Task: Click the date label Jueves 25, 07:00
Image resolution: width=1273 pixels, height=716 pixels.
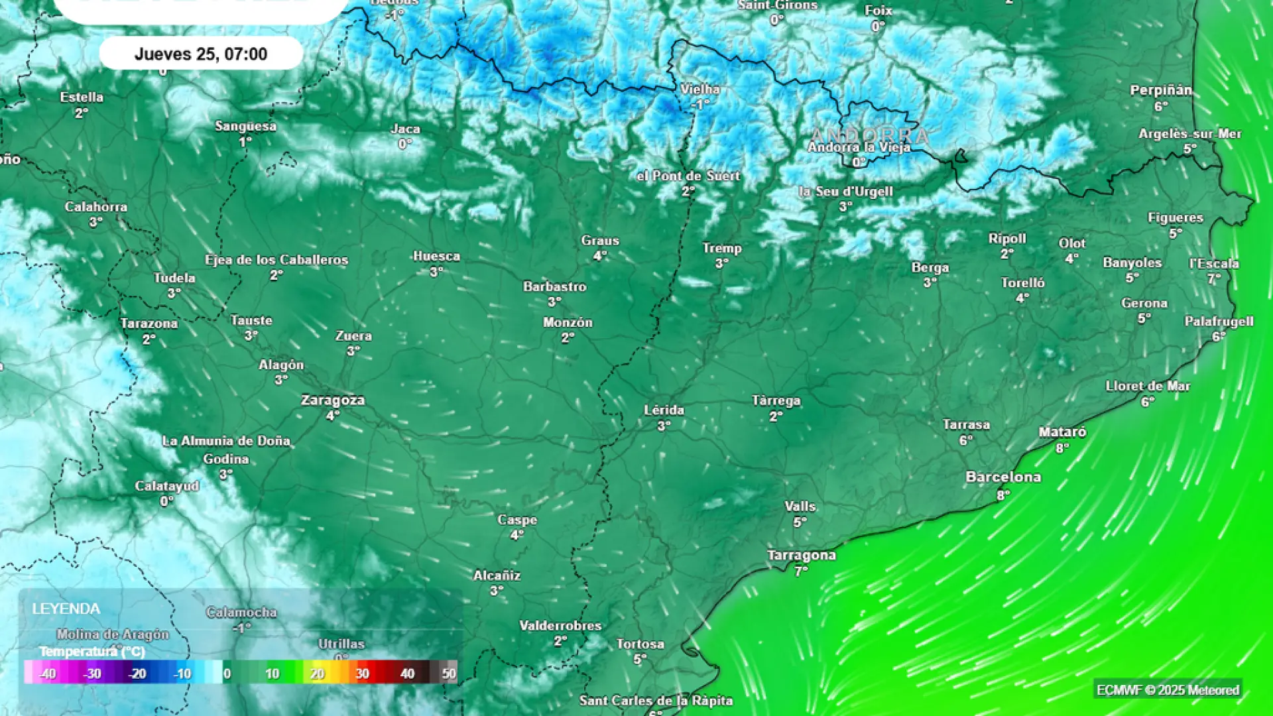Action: click(201, 54)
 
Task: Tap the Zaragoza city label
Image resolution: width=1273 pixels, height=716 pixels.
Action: click(333, 400)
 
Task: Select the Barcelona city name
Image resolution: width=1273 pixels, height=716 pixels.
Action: click(1003, 477)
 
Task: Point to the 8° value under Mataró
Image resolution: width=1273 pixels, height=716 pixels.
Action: click(1062, 448)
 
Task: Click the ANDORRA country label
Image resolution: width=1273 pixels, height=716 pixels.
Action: click(869, 135)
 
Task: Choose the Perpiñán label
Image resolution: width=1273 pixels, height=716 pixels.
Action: click(1161, 90)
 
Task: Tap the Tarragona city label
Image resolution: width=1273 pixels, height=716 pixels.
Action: click(802, 555)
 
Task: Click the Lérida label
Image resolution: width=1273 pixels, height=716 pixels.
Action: click(664, 410)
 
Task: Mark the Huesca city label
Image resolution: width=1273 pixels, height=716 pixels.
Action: click(436, 256)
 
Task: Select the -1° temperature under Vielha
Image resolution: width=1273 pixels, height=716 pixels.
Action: click(700, 104)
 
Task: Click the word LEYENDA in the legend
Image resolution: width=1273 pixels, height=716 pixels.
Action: click(66, 609)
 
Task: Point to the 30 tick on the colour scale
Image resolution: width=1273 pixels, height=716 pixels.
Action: click(362, 674)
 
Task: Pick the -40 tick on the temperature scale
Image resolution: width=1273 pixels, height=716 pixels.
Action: click(47, 674)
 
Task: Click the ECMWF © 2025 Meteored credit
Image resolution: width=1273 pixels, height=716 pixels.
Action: click(1168, 690)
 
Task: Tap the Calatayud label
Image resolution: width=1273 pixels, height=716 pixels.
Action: click(167, 486)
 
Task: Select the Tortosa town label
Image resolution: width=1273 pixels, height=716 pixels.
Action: click(640, 644)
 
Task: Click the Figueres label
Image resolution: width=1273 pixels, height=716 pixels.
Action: click(1175, 217)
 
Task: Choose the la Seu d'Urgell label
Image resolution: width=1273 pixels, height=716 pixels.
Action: click(845, 192)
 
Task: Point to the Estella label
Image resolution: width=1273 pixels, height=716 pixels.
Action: click(82, 97)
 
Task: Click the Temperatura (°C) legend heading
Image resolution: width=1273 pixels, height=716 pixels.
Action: click(92, 652)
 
